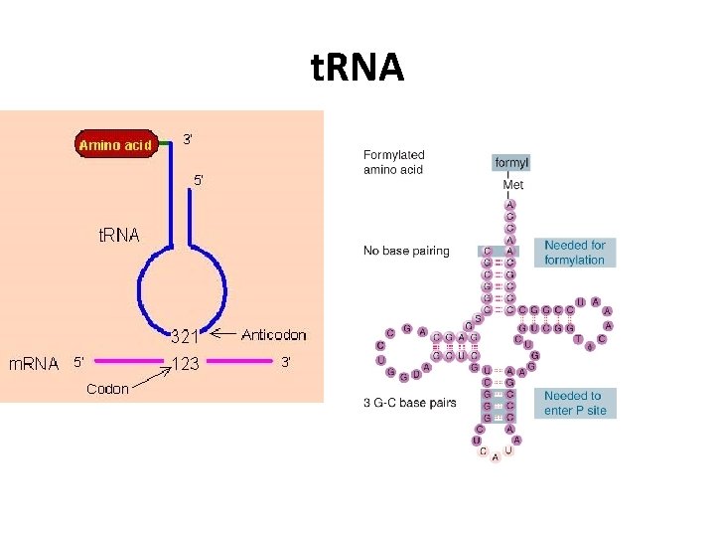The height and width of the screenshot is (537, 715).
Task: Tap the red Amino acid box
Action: point(116,145)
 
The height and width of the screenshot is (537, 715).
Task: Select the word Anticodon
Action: point(274,334)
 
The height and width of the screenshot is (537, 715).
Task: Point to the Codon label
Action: point(107,389)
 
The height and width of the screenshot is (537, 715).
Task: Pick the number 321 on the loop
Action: point(186,336)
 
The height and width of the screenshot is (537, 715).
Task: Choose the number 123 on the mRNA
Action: point(186,364)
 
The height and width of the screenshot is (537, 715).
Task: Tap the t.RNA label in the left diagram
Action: point(118,236)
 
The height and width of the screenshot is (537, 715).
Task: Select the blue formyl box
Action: point(511,162)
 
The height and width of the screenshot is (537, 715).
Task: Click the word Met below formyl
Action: point(512,185)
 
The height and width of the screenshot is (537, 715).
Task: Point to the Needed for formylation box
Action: point(574,253)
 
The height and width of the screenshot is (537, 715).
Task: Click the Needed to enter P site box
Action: point(574,403)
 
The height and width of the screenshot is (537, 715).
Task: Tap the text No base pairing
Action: point(406,251)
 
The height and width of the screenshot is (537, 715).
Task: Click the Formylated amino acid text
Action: point(393,162)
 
